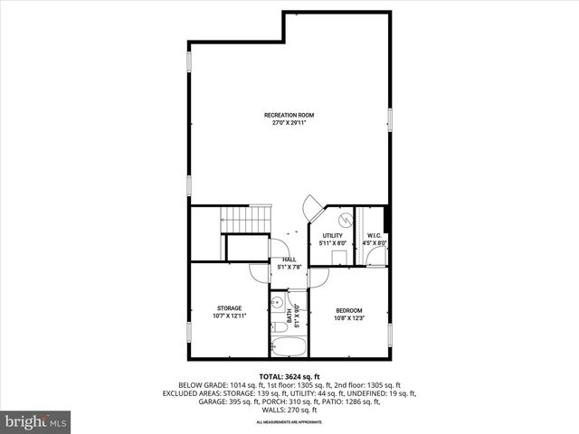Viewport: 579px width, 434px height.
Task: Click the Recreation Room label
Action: [x=289, y=115]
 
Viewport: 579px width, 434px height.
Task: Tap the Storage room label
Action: [x=228, y=308]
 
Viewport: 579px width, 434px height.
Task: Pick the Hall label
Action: [x=289, y=259]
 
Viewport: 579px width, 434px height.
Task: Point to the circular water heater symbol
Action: [x=345, y=220]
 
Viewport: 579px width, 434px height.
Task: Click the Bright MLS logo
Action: [x=36, y=421]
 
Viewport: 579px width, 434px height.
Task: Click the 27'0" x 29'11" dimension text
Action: [x=289, y=122]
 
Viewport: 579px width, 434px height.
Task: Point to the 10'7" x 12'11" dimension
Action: [x=228, y=316]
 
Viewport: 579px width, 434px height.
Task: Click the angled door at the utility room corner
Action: [x=312, y=206]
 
